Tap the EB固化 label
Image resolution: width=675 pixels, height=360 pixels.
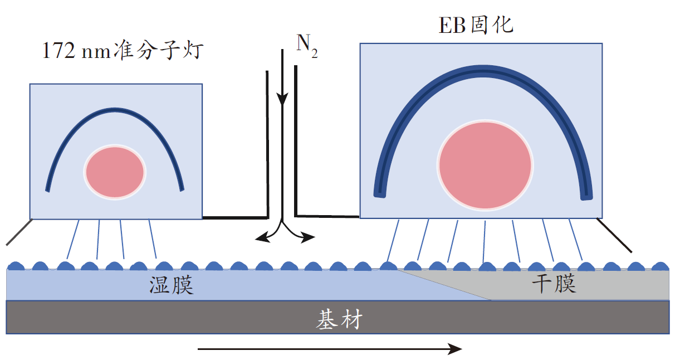[476, 26]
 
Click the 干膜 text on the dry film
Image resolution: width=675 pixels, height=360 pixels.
[553, 284]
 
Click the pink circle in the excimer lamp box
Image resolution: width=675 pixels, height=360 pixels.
[115, 172]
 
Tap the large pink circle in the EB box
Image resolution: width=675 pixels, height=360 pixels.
[484, 164]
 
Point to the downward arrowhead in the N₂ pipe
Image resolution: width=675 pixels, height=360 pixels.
[282, 100]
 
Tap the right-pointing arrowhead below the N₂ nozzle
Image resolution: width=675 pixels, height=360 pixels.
[309, 238]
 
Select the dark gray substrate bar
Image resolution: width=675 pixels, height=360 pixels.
[167, 318]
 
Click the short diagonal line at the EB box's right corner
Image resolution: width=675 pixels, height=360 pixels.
[615, 235]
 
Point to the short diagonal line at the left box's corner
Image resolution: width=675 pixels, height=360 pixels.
[19, 232]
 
